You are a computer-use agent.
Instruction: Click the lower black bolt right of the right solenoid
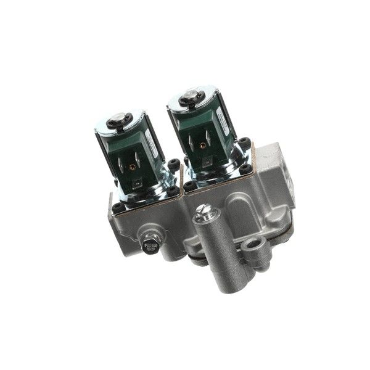click(x=248, y=168)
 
